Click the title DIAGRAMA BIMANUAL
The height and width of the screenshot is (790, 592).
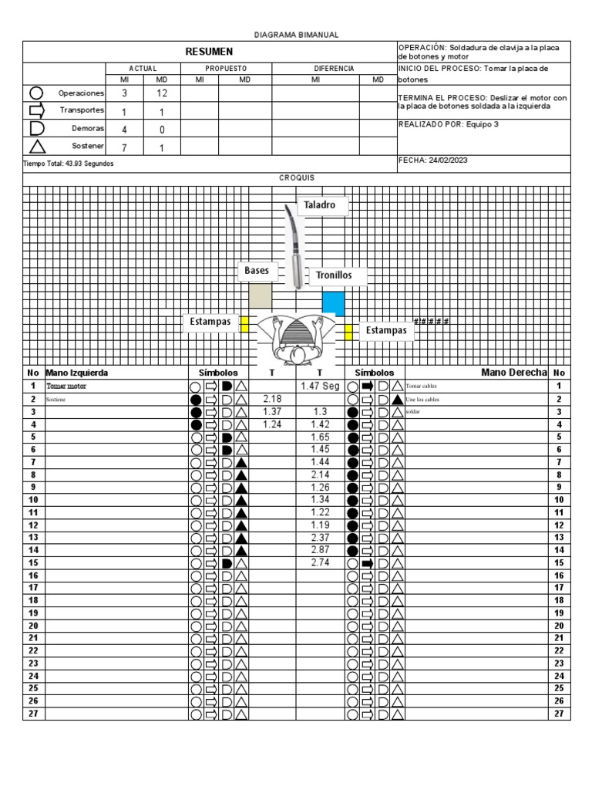[296, 35]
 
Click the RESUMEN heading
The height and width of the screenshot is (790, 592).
[209, 51]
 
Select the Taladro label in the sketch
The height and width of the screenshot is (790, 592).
[319, 206]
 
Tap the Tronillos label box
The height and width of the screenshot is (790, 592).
[334, 275]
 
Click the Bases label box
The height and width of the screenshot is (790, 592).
[257, 271]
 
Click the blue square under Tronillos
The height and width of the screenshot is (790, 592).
[333, 302]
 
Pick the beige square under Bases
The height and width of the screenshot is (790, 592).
[260, 297]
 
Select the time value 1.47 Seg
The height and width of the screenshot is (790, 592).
[320, 385]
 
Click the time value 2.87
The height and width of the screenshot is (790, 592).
[320, 551]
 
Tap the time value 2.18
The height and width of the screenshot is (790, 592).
[271, 399]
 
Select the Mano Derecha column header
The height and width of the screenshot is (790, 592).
[513, 373]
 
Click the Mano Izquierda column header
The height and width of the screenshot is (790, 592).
[77, 373]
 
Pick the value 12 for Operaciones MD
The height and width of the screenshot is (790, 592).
[162, 93]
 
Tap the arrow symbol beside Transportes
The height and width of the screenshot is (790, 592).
[37, 111]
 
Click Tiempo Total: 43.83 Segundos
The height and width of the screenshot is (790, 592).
[69, 164]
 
